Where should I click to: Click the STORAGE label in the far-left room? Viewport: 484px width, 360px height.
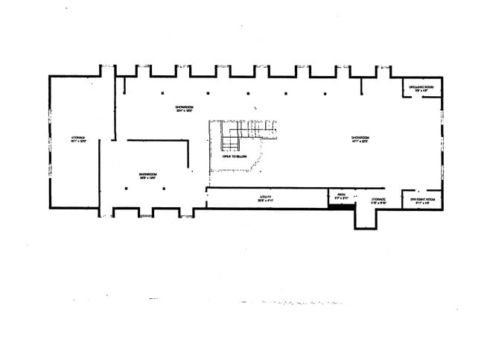pyautogui.click(x=78, y=137)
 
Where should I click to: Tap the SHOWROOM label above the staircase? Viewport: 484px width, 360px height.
pyautogui.click(x=184, y=107)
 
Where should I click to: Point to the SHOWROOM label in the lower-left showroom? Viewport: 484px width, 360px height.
pyautogui.click(x=147, y=174)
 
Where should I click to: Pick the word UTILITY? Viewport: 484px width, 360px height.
pyautogui.click(x=266, y=196)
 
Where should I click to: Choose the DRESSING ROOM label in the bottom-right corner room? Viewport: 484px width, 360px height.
pyautogui.click(x=421, y=199)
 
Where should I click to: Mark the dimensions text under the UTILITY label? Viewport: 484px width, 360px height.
pyautogui.click(x=266, y=200)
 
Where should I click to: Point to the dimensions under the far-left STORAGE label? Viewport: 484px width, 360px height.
pyautogui.click(x=78, y=142)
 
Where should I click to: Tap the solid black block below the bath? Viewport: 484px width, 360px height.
pyautogui.click(x=342, y=206)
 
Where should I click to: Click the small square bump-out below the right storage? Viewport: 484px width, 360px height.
pyautogui.click(x=366, y=218)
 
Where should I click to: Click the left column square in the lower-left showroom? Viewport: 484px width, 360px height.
pyautogui.click(x=127, y=189)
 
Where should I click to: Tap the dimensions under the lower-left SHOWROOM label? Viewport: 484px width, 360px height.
pyautogui.click(x=147, y=179)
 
